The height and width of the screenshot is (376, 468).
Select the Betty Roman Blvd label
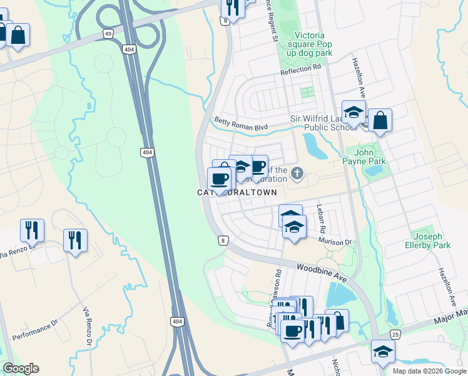pyautogui.click(x=241, y=123)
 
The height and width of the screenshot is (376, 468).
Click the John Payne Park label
pyautogui.click(x=370, y=156)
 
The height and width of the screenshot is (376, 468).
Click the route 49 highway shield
pyautogui.click(x=109, y=34)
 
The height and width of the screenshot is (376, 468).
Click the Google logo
pyautogui.click(x=21, y=368)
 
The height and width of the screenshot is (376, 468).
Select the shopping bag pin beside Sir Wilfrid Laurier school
pyautogui.click(x=380, y=120)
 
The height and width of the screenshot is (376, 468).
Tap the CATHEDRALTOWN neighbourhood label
pyautogui.click(x=238, y=192)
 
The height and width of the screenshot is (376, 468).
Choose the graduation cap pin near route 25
pyautogui.click(x=383, y=351)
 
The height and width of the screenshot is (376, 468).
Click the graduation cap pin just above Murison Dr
pyautogui.click(x=294, y=227)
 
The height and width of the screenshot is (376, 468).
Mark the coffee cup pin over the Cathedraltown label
pyautogui.click(x=219, y=179)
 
